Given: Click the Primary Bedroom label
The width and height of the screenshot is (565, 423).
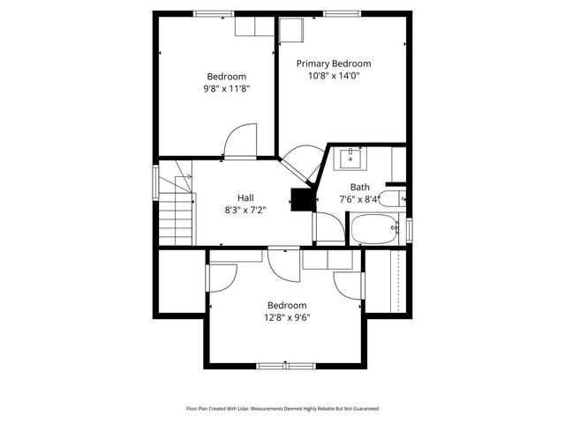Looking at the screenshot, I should pos(333,63).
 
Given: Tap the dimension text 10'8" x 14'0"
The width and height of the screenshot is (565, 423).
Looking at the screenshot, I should pos(333,76).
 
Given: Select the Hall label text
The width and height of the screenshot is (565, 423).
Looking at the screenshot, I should pos(245,197).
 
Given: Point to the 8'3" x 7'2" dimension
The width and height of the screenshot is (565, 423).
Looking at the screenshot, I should pos(245,210).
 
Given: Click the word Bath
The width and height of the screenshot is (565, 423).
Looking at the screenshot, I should pos(360,187).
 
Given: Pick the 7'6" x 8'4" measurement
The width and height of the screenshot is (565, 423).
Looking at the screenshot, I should pos(360,198).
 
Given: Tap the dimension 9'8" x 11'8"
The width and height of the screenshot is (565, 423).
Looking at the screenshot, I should pos(227,88).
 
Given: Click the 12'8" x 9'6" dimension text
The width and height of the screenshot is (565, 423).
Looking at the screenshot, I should pos(287,318).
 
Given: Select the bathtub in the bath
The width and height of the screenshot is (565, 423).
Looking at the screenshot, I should pos(377,230).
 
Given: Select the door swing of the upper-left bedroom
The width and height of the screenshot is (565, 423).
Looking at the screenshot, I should pos(240,141).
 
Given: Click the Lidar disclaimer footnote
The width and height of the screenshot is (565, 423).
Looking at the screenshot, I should pos(282,409).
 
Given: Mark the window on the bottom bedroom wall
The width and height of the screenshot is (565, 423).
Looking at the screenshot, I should pos(285,365).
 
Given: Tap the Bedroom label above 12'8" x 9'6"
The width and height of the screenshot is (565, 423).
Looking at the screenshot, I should pos(287,306).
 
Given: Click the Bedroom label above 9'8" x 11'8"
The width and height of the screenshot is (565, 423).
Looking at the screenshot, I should pos(227,76).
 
